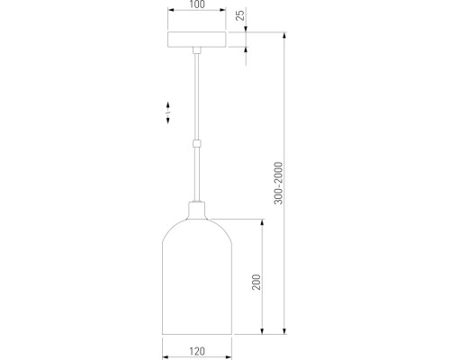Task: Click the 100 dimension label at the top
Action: click(x=197, y=4)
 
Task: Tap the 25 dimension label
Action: click(x=240, y=15)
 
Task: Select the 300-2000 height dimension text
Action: click(x=278, y=183)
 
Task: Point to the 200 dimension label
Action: click(x=256, y=282)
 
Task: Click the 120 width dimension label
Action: click(x=197, y=351)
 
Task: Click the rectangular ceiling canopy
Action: click(x=197, y=40)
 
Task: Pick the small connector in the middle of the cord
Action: click(x=197, y=144)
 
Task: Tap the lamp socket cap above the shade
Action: click(x=197, y=211)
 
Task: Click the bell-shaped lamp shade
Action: click(x=197, y=276)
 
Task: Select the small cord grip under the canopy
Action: click(x=197, y=50)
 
